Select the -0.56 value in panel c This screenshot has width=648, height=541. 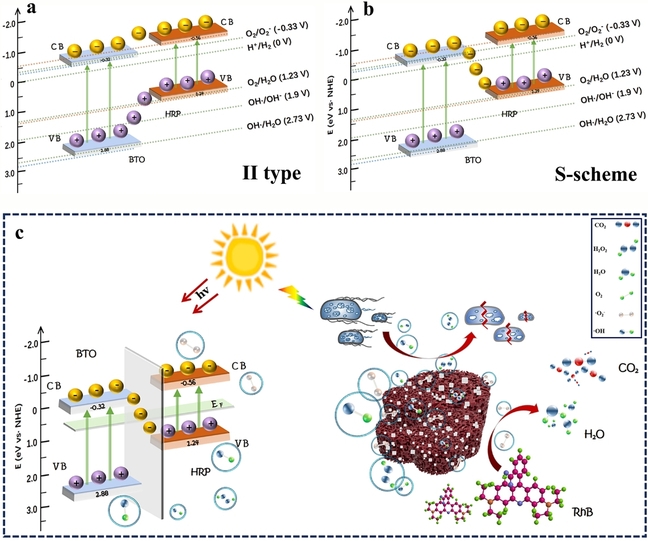tap(187, 381)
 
